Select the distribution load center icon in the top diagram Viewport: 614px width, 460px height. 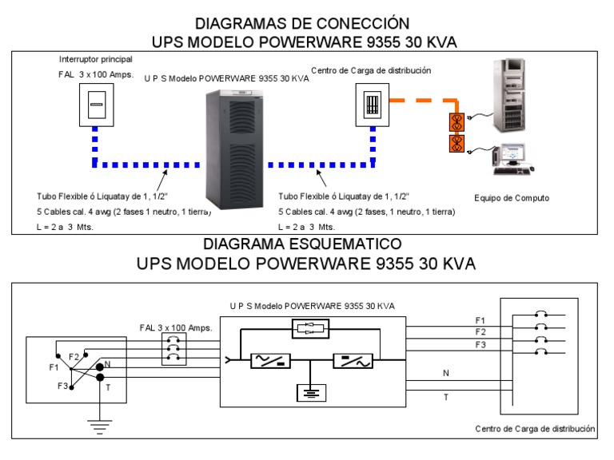click(371, 104)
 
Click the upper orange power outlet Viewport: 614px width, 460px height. click(457, 121)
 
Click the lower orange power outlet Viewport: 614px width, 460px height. click(457, 144)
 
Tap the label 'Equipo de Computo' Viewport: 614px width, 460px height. click(512, 197)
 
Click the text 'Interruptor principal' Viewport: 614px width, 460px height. click(96, 60)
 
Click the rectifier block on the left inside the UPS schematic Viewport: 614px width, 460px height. click(264, 361)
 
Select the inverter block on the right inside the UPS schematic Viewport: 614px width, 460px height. click(352, 361)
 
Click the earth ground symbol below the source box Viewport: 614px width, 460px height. click(100, 428)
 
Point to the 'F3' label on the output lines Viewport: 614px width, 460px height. click(480, 344)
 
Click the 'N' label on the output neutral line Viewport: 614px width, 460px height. click(445, 372)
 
